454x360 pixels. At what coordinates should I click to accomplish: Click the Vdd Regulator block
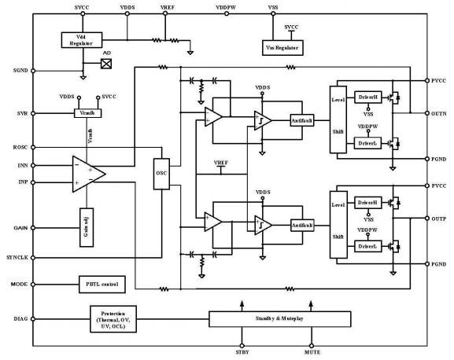click(76, 39)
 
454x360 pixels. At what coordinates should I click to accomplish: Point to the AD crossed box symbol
click(106, 64)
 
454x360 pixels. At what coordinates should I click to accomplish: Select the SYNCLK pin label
click(16, 257)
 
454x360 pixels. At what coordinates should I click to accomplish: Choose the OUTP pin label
click(439, 218)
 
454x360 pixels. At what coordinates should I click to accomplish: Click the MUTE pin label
click(312, 353)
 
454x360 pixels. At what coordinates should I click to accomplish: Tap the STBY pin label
click(243, 353)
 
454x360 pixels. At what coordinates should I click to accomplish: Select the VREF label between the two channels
click(223, 163)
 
